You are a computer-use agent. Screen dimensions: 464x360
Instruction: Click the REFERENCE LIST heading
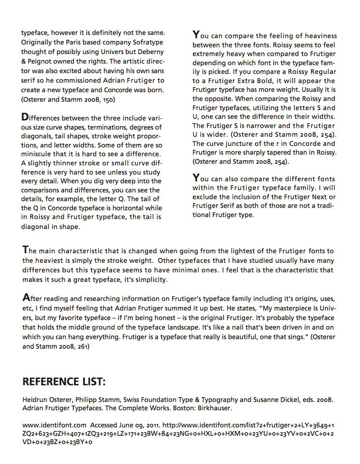coord(64,382)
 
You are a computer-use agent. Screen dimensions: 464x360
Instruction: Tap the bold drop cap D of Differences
coord(24,118)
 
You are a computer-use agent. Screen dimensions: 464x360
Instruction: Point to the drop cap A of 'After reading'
coord(25,297)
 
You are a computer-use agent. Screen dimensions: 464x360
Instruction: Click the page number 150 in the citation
coord(109,100)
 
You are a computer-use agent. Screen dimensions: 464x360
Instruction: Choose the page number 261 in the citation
coord(83,346)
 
